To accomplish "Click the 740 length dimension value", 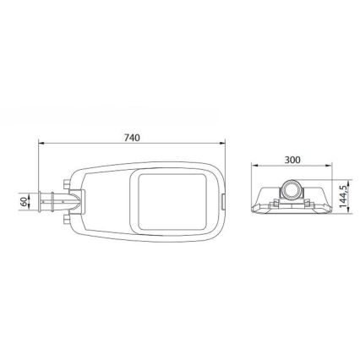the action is [132, 138].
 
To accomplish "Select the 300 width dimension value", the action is [292, 160].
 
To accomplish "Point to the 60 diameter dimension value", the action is [25, 202].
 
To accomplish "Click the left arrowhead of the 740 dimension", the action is [41, 143].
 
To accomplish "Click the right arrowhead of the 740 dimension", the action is [223, 143].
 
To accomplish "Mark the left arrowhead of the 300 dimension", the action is [254, 166].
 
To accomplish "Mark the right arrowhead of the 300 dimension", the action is [328, 166].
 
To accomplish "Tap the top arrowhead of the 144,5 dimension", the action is [349, 183].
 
